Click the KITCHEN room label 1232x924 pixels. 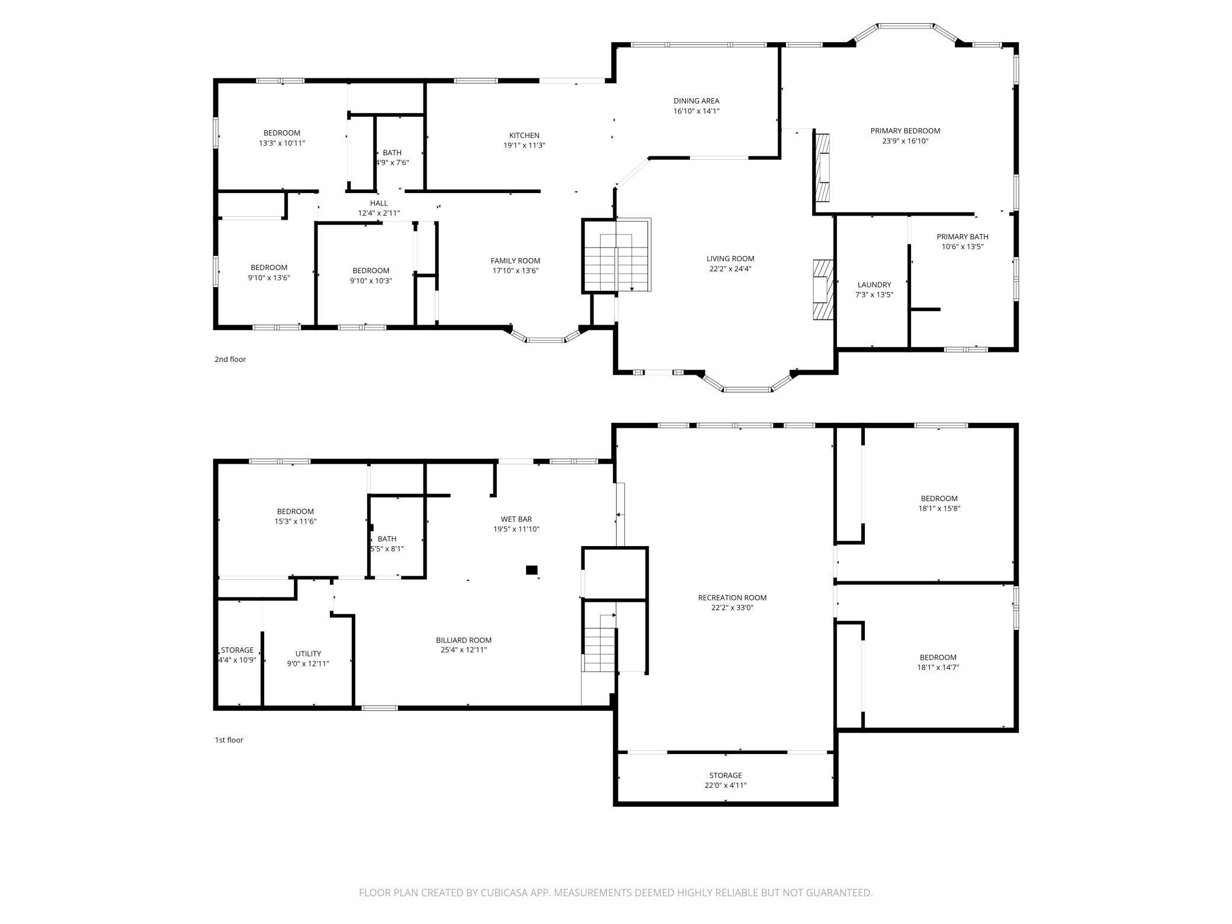coord(524,136)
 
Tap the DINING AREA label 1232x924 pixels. coord(696,101)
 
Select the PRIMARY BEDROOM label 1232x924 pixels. coord(905,131)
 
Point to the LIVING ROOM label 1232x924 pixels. coord(730,259)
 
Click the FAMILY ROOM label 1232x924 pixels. coord(515,261)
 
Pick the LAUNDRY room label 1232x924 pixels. coord(874,285)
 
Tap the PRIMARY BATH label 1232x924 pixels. coord(962,237)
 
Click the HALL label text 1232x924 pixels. coord(379,203)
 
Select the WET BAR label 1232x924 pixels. coord(516,519)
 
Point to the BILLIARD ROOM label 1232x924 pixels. coord(464,640)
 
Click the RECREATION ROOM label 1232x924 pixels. coord(732,598)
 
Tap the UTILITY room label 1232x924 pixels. coord(308,654)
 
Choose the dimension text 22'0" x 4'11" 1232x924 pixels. coord(726,785)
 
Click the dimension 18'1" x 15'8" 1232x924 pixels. coord(939,508)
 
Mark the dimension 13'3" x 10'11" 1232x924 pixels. coord(282,143)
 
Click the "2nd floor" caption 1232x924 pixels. coord(230,360)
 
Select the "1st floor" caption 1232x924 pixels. coord(229,740)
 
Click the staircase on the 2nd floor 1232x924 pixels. coord(616,256)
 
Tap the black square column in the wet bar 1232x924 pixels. coord(532,570)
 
